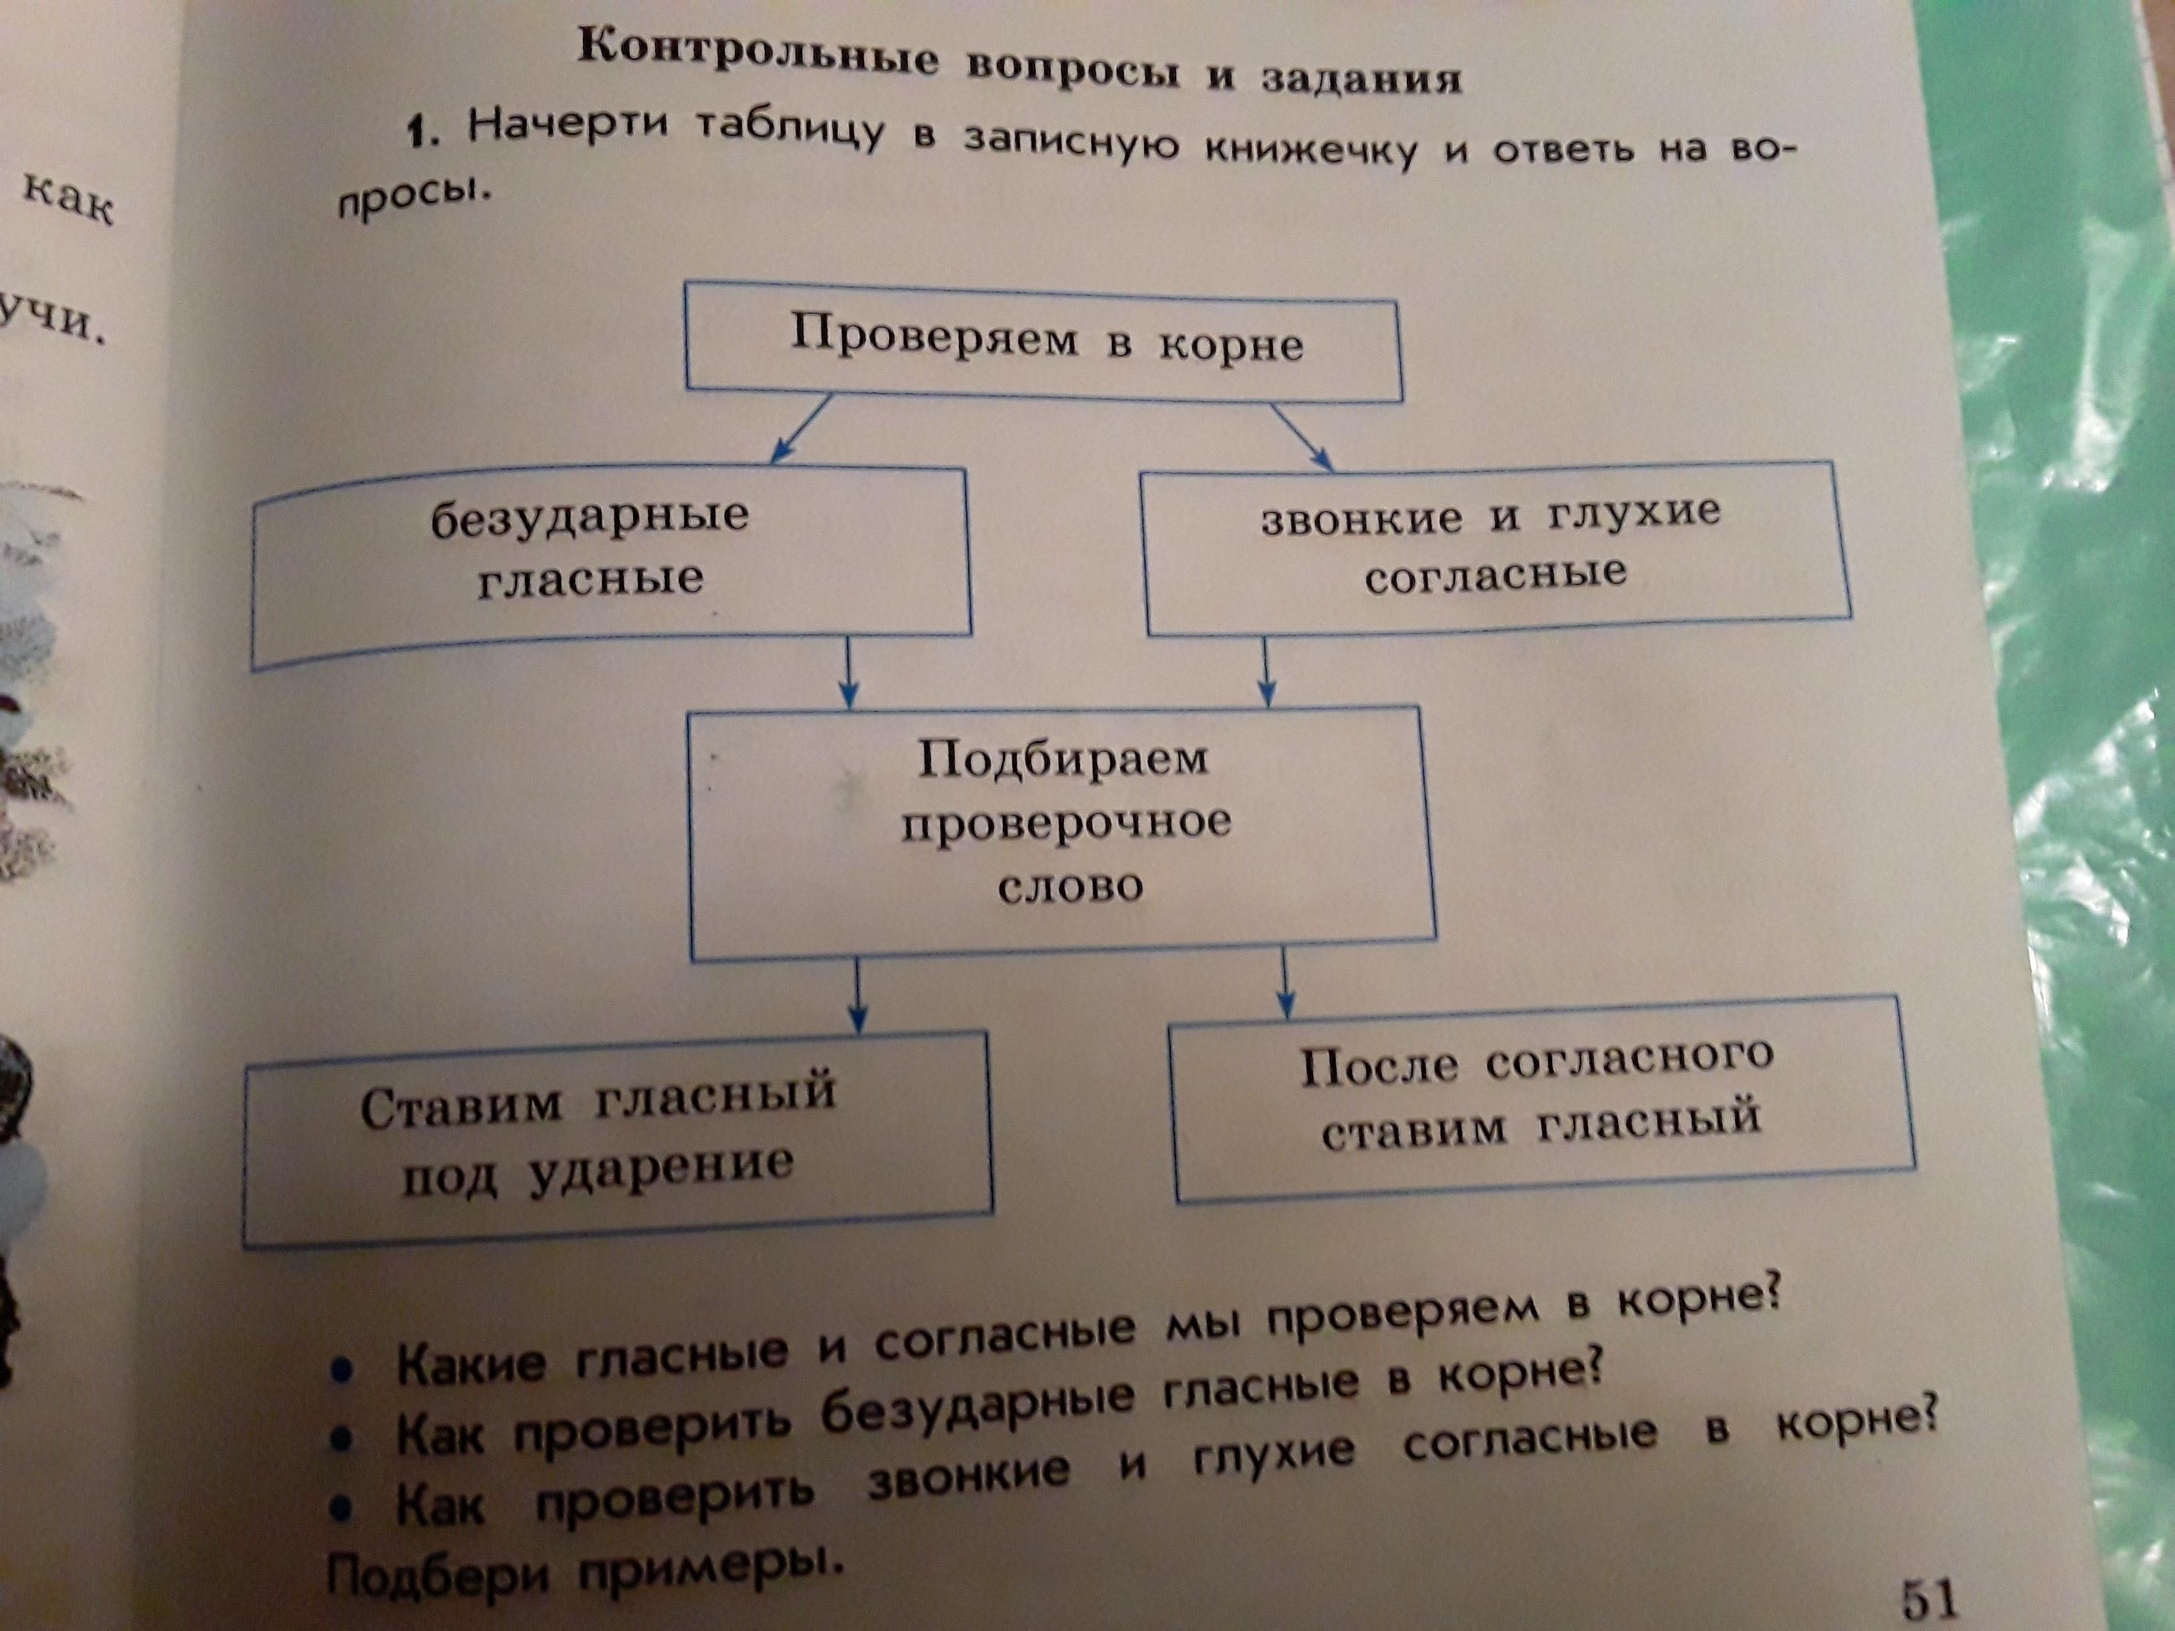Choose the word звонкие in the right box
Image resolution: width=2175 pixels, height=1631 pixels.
coord(1362,519)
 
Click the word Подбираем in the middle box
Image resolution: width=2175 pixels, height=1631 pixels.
coord(1064,759)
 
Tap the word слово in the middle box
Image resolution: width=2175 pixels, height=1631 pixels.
coord(1071,887)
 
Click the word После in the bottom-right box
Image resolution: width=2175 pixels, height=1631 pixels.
coord(1379,1066)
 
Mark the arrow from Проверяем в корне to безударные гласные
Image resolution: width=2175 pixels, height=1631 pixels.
coord(802,428)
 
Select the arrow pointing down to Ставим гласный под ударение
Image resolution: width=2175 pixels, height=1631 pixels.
coord(858,996)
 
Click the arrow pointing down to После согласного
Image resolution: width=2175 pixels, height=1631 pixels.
coord(1284,983)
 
